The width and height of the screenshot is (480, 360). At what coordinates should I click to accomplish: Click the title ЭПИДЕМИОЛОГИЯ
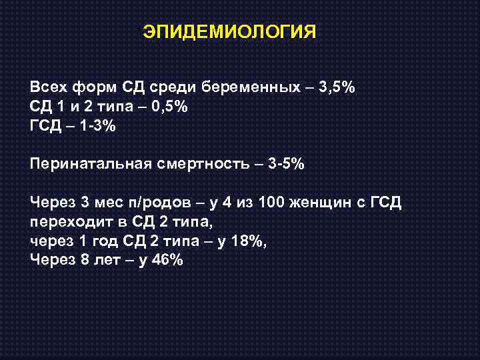(x=230, y=31)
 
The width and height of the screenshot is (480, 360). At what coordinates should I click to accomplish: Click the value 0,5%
(x=170, y=107)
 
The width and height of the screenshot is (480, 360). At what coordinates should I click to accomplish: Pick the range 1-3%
(x=98, y=127)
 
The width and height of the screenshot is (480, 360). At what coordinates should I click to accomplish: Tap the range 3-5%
(x=286, y=164)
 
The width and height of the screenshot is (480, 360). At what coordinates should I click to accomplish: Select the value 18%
(x=247, y=241)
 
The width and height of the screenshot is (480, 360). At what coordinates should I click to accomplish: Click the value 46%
(x=167, y=260)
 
